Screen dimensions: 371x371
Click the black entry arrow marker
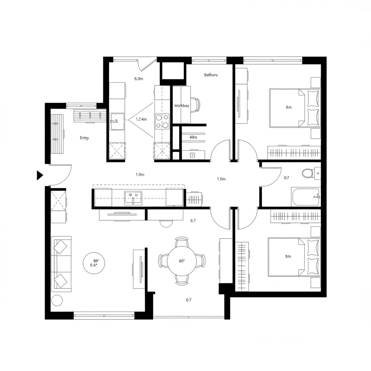point(39,175)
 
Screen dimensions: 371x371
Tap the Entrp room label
point(84,138)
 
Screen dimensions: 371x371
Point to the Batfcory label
point(211,75)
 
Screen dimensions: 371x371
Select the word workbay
point(182,106)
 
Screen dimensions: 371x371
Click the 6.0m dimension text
point(139,79)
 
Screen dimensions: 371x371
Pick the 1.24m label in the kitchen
point(141,119)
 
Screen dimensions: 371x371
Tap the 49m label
point(193,137)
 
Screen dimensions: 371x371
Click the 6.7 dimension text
point(193,221)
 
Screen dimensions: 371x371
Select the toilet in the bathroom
point(308,174)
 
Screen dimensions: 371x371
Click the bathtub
point(305,197)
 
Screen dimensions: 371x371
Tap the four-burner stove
point(162,121)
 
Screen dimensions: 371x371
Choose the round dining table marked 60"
point(182,260)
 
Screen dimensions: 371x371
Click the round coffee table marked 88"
point(96,262)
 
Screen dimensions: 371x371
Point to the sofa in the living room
point(61,263)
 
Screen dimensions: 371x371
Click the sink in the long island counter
point(133,198)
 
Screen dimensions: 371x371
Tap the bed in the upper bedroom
point(294,108)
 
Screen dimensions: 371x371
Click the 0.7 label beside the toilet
point(287,178)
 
